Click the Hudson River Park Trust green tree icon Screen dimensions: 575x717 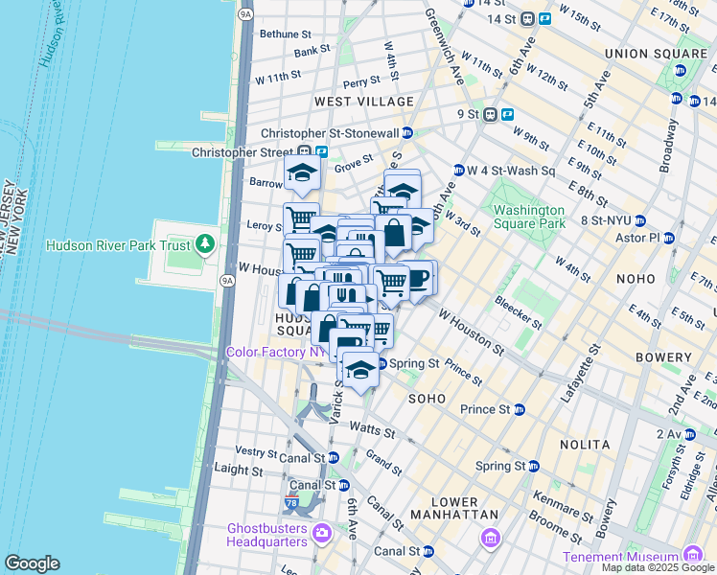point(204,244)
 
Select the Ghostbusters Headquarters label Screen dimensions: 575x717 point(267,535)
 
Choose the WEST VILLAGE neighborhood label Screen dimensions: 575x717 point(364,101)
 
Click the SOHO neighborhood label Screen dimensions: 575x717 point(428,397)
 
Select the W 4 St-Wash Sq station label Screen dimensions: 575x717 point(511,171)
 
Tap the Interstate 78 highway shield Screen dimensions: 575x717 point(292,502)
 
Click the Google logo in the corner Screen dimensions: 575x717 point(32,563)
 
